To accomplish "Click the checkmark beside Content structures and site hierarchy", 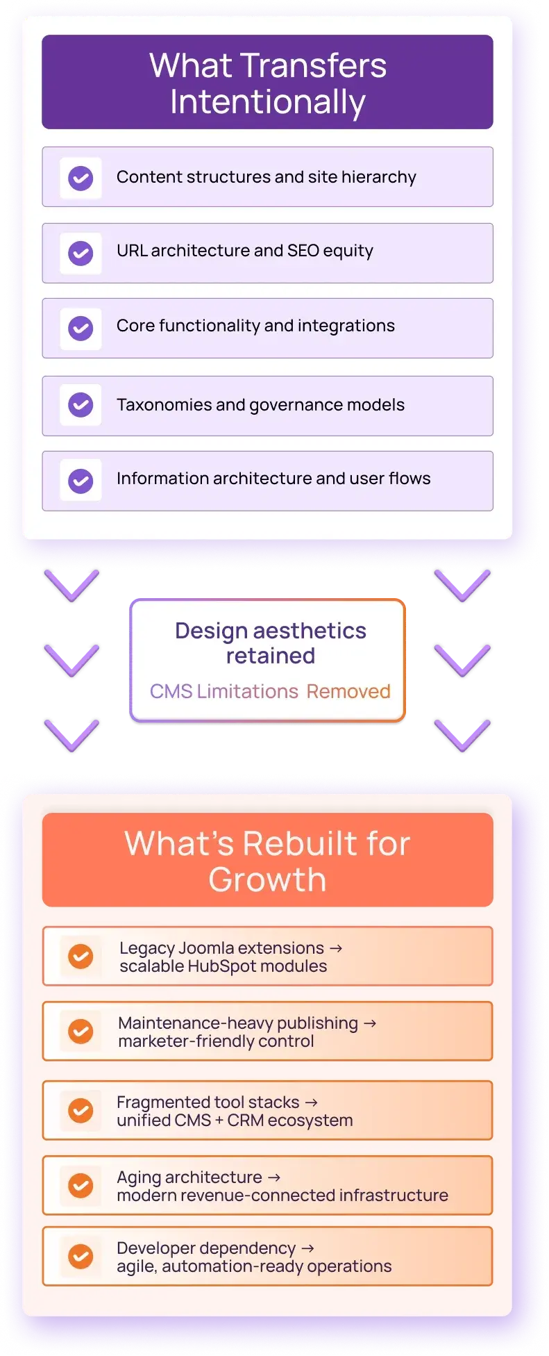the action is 81,178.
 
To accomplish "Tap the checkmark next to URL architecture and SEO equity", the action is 81,254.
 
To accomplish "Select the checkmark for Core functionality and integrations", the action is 81,329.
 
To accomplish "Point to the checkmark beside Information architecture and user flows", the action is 81,481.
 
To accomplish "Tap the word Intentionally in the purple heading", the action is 268,103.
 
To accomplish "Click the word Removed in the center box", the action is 348,691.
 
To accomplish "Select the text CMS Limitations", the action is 224,691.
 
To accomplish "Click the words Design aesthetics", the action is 271,631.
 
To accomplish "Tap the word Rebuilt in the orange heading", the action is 300,843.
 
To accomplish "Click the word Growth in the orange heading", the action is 268,879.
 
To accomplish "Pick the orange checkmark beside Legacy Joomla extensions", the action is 81,957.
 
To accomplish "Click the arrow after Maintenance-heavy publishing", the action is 370,1023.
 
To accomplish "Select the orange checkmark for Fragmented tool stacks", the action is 81,1111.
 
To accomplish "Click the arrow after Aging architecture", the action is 274,1177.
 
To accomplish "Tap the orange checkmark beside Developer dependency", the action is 81,1256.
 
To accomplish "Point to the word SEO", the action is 303,251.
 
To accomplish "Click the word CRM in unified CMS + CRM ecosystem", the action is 245,1121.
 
